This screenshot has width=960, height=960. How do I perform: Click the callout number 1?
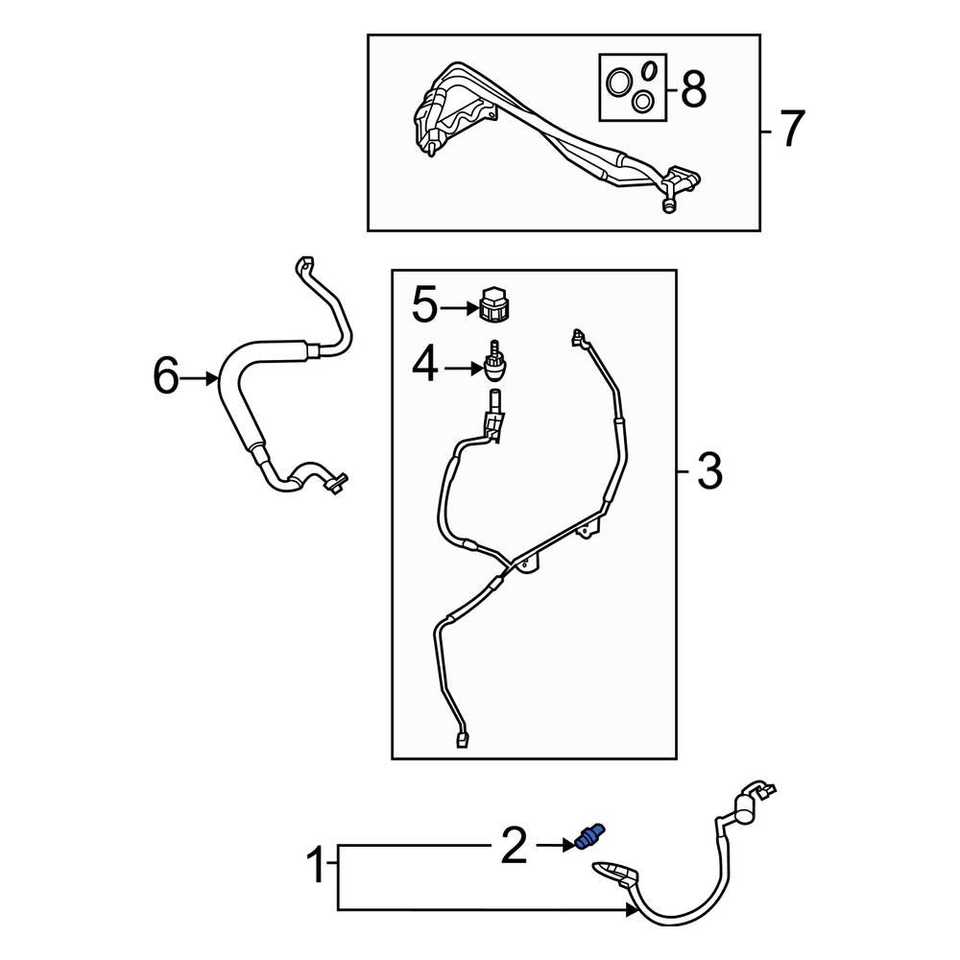(x=315, y=869)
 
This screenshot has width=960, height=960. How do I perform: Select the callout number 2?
(x=514, y=846)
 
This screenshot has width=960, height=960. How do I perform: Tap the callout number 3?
(x=708, y=472)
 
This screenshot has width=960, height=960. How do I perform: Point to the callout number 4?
(x=425, y=366)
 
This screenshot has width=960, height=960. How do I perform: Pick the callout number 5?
(x=425, y=307)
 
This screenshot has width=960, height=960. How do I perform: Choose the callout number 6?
(x=165, y=377)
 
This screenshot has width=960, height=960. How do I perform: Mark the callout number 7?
(x=789, y=130)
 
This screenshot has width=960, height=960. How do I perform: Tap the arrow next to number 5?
(x=459, y=308)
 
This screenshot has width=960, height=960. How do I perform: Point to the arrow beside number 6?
(x=202, y=378)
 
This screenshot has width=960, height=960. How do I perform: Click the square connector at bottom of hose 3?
(x=464, y=739)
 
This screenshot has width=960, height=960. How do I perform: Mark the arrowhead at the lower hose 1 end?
(x=630, y=908)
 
